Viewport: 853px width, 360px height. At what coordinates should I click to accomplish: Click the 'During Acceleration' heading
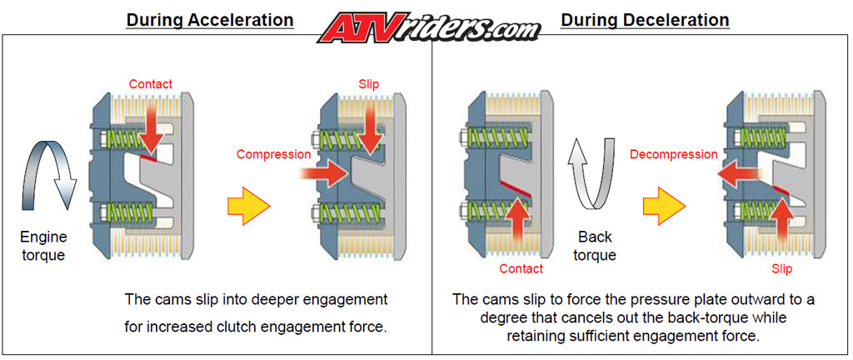click(209, 20)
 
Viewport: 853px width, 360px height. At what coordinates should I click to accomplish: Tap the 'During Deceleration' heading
click(645, 20)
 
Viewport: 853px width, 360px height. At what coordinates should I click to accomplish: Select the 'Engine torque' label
click(43, 246)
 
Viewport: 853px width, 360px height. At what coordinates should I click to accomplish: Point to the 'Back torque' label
click(595, 246)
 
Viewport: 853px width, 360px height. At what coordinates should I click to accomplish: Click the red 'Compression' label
click(273, 154)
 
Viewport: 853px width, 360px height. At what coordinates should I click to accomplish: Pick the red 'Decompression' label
click(673, 154)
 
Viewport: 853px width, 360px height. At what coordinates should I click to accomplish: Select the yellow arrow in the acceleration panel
click(248, 206)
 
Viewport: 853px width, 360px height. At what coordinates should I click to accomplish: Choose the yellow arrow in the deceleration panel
click(665, 206)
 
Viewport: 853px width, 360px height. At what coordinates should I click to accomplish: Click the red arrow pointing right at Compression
click(324, 174)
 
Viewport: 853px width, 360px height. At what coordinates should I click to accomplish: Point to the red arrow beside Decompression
click(740, 174)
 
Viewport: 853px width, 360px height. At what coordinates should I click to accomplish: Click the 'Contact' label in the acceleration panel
click(150, 84)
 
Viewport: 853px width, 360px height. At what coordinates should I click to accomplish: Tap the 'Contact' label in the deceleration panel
click(521, 268)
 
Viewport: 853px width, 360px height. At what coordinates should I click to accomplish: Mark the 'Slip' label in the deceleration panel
click(781, 269)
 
